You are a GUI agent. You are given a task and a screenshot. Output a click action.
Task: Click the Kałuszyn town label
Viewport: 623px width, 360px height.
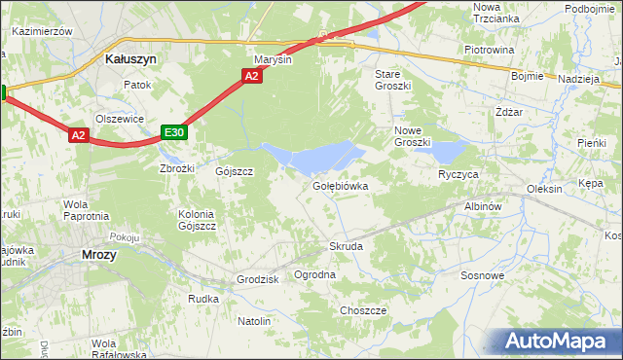click(x=130, y=58)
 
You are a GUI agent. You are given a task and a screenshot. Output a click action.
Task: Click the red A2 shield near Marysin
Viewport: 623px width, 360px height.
click(x=252, y=76)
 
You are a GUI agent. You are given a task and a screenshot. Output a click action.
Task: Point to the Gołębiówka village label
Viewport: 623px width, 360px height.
click(x=340, y=185)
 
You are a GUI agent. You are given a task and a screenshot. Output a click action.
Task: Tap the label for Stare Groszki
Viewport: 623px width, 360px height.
click(x=393, y=79)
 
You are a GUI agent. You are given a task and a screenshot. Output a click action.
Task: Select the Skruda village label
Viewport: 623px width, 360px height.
click(x=346, y=246)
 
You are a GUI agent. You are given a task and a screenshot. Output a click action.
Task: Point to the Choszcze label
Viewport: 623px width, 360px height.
click(x=363, y=310)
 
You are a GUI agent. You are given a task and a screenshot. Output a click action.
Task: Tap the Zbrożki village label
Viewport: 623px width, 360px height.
click(x=177, y=168)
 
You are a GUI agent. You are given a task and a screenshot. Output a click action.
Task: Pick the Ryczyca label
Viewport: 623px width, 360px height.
click(x=458, y=174)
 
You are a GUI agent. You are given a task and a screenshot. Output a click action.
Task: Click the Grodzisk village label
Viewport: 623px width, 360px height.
click(x=258, y=279)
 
